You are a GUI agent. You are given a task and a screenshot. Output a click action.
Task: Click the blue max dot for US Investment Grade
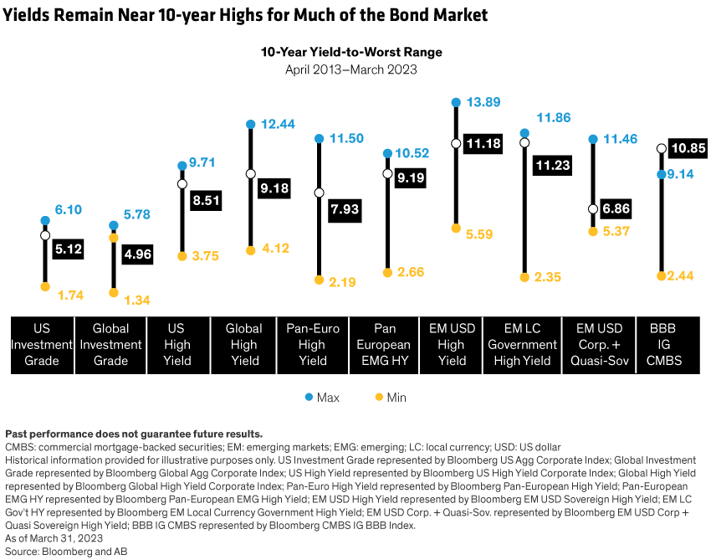click(45, 220)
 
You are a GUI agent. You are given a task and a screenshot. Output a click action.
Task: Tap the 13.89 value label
click(482, 102)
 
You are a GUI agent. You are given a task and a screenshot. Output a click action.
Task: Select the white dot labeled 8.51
click(182, 183)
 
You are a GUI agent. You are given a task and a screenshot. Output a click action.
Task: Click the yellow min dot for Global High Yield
click(250, 250)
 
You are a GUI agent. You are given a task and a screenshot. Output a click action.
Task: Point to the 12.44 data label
click(277, 124)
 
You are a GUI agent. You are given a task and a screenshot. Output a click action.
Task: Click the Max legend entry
click(321, 397)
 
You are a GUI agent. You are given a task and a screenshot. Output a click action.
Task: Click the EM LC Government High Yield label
click(523, 344)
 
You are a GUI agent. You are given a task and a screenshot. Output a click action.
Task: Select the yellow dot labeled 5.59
click(456, 228)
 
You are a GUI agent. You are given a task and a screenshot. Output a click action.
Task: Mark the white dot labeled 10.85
click(661, 148)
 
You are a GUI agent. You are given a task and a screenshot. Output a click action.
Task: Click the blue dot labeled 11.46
click(592, 138)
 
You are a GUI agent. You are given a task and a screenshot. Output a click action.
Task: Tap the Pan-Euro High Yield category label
click(313, 344)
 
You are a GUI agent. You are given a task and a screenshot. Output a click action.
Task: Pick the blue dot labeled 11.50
click(319, 138)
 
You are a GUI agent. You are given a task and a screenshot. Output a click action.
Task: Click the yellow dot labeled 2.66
click(386, 273)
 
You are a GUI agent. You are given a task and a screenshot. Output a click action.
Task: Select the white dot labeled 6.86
click(592, 208)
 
